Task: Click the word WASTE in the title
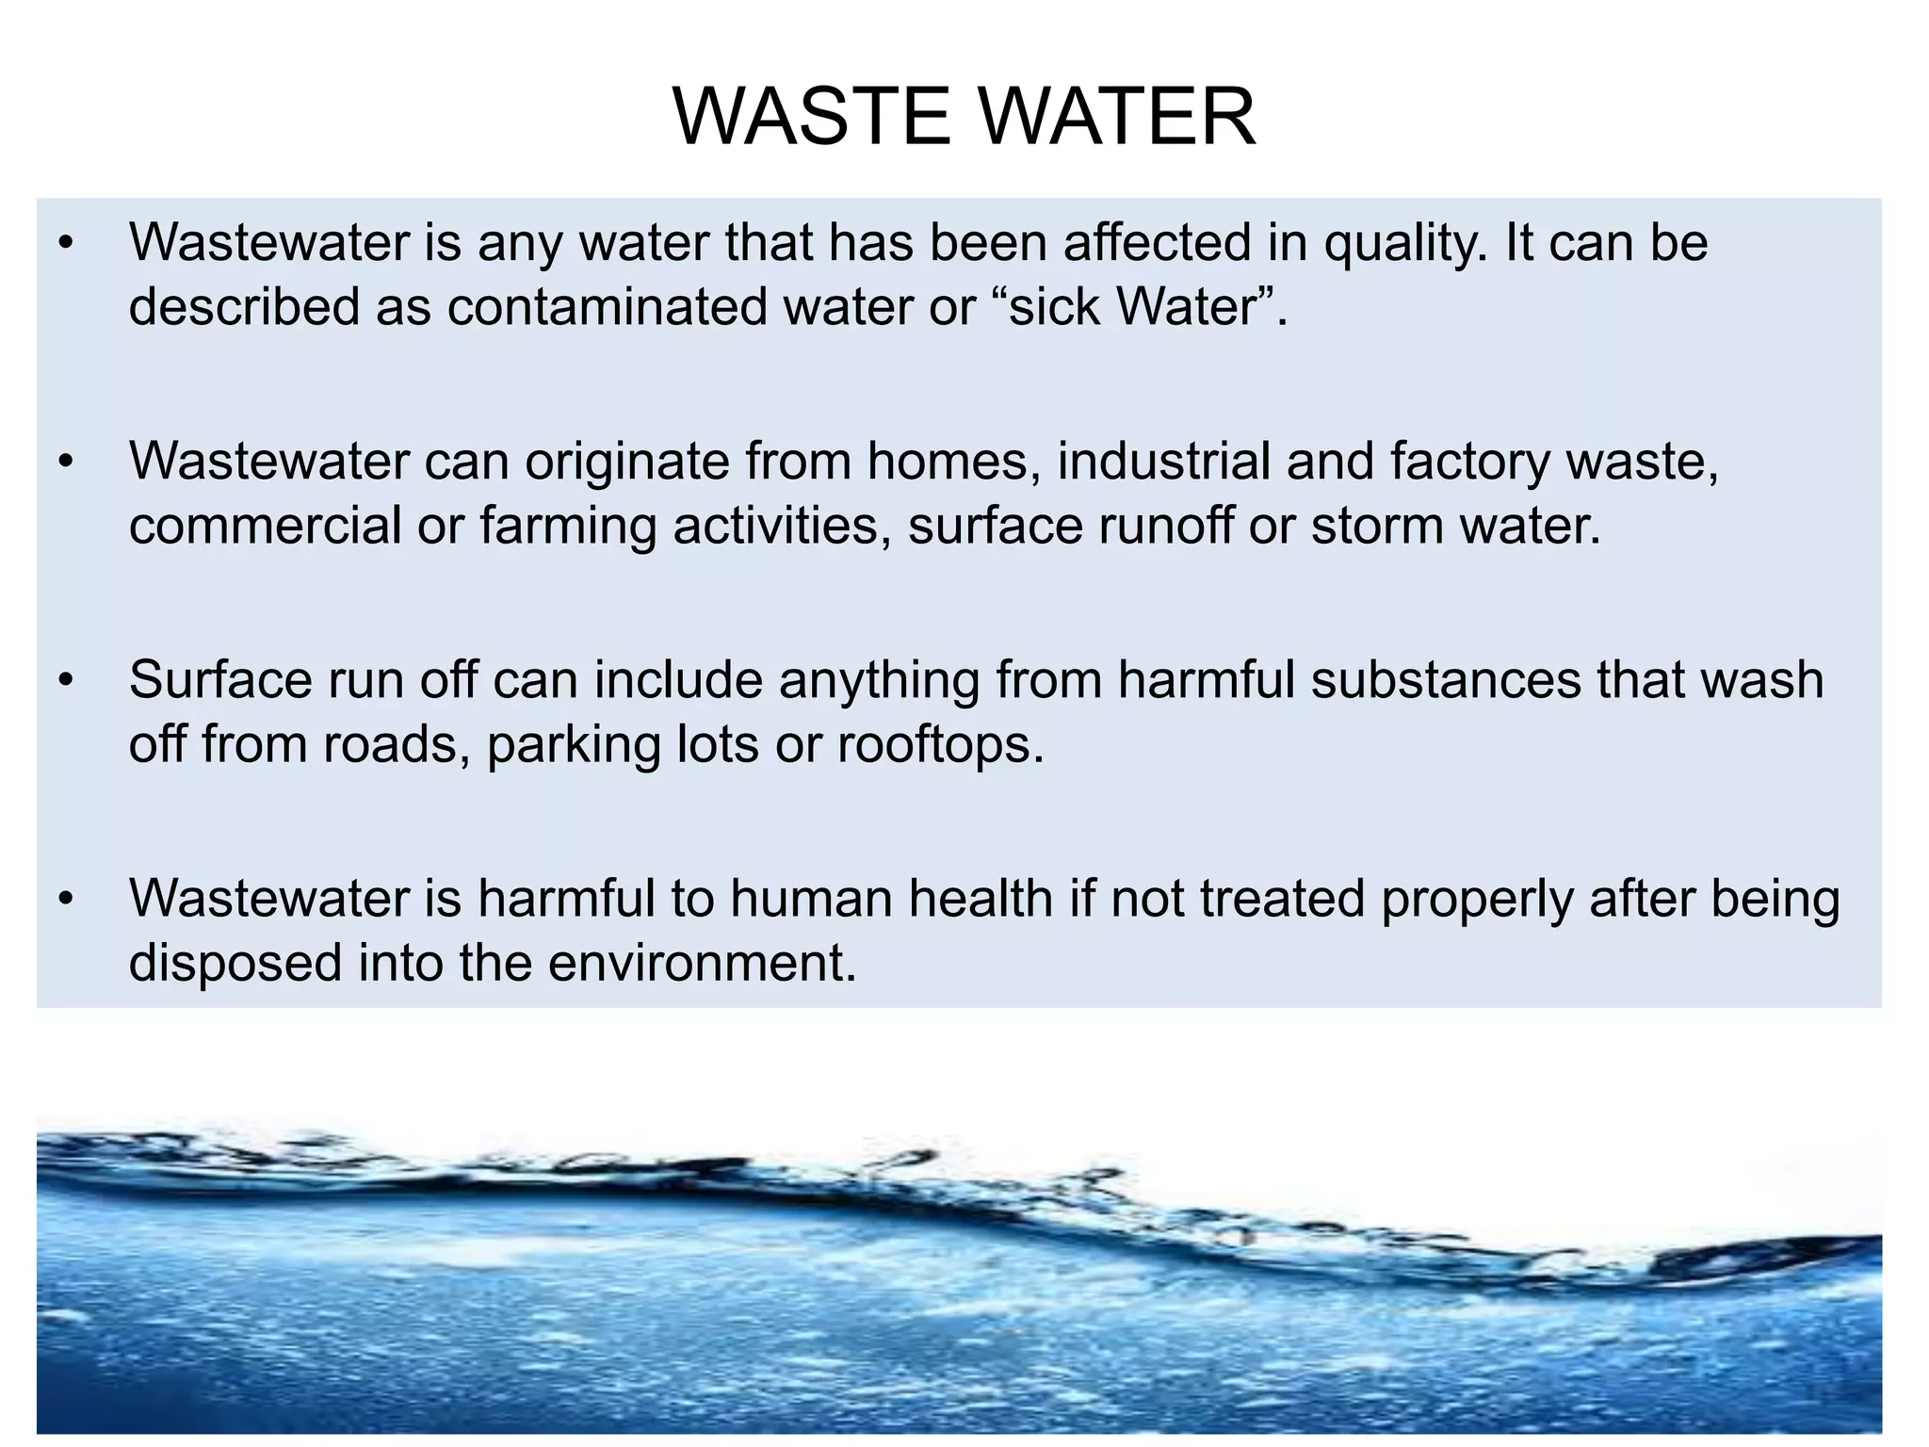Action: (x=811, y=117)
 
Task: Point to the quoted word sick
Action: (x=1054, y=307)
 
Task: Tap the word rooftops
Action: (x=940, y=746)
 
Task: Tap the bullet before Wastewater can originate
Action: (x=64, y=463)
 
